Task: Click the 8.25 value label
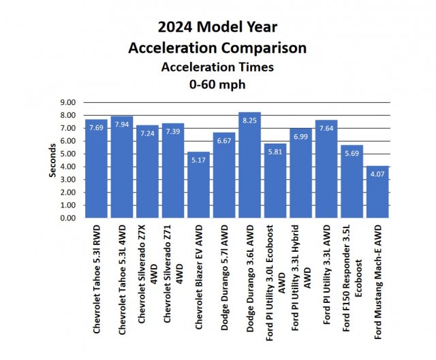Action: (249, 120)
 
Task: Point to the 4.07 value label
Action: (377, 174)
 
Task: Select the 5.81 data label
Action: (275, 152)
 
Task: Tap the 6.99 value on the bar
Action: (300, 137)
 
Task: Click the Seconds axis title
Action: (52, 161)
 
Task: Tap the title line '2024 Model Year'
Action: (219, 28)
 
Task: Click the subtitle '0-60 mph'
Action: (219, 85)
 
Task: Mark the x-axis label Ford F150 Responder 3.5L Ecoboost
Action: (352, 279)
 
